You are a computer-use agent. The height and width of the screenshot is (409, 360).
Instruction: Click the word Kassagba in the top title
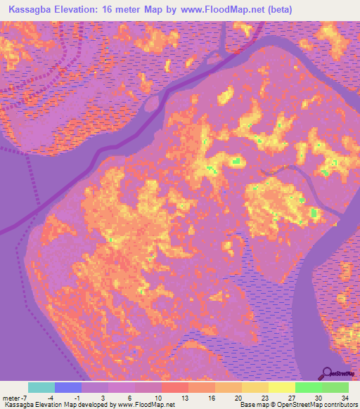pos(31,10)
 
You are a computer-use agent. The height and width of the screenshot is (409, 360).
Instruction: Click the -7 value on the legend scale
pos(25,398)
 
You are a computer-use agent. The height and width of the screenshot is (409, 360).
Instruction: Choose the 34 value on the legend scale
pos(345,398)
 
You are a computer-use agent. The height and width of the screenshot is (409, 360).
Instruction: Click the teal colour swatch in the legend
pos(41,387)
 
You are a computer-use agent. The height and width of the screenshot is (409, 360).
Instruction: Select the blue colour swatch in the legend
pos(68,387)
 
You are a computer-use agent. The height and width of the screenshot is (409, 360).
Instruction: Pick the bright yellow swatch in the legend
pos(282,387)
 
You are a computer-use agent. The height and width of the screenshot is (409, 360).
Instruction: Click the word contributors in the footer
pos(340,405)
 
